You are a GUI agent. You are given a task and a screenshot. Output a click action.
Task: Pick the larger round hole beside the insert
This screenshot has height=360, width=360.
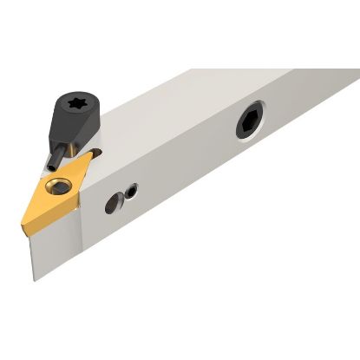(112, 204)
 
